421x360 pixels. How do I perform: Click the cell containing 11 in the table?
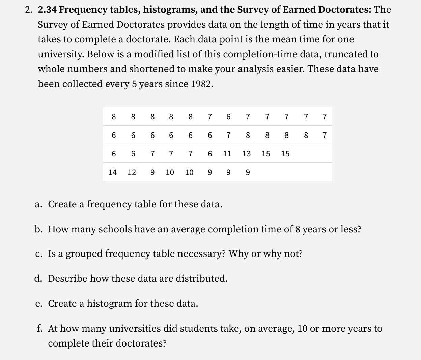click(227, 154)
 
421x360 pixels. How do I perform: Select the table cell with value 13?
click(247, 154)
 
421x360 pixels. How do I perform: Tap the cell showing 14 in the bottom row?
click(112, 172)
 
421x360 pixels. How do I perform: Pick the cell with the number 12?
click(132, 172)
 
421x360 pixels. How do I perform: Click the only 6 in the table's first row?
click(228, 117)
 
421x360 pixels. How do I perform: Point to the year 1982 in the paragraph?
click(201, 84)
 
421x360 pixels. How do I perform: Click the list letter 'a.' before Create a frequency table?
click(39, 204)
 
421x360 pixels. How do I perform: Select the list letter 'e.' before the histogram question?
click(39, 304)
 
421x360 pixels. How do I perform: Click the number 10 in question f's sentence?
click(303, 328)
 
